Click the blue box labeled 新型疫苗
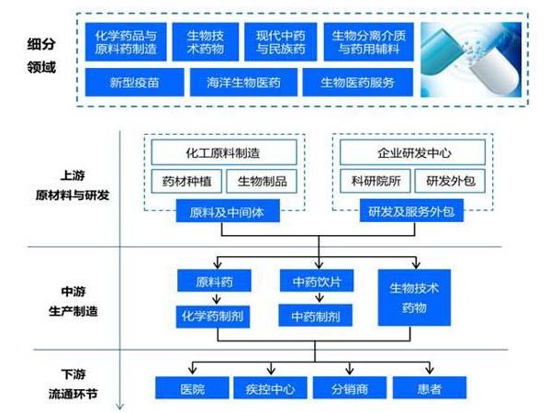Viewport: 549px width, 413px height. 134,83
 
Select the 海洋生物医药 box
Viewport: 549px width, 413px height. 243,83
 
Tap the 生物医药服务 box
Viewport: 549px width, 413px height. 357,83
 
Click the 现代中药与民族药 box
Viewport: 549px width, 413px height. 280,42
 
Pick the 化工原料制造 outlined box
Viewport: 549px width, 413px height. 224,152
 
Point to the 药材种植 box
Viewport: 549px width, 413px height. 186,181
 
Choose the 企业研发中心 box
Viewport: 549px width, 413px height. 412,152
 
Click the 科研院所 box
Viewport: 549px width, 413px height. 375,181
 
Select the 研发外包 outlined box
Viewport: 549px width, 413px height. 450,181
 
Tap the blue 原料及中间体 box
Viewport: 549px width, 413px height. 228,211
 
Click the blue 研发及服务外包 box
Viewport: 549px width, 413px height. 411,211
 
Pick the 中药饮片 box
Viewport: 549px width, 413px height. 317,280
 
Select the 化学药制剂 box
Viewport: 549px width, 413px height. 213,317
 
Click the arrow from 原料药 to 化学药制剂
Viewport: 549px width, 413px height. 217,298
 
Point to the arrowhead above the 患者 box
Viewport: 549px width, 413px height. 430,370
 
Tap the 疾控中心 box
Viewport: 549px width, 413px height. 270,388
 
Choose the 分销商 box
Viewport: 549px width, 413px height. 350,388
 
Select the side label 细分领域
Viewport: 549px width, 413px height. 41,55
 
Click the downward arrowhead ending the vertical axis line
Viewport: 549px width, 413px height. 120,407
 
